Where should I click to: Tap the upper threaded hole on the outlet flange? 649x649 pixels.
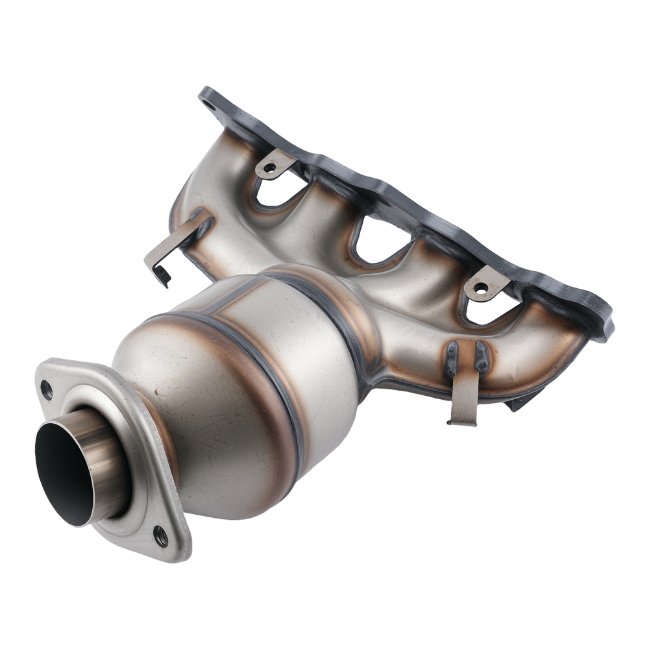pos(46,389)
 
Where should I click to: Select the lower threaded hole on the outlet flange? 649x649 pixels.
pos(160,535)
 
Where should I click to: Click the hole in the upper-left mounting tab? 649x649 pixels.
pos(269,167)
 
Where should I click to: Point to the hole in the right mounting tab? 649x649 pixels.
pos(481,287)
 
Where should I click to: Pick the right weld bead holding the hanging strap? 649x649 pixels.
pos(482,358)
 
